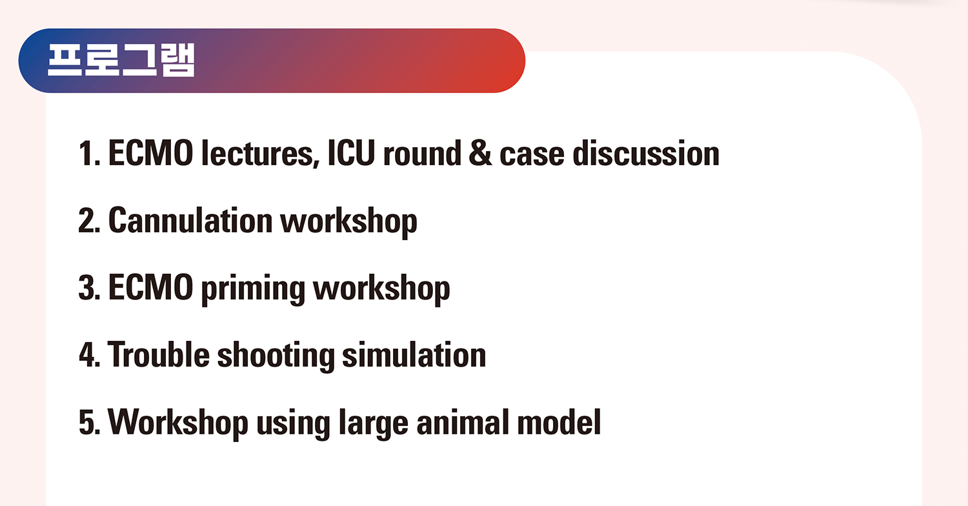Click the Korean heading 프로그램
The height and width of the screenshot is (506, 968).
121,60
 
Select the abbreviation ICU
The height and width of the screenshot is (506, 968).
351,153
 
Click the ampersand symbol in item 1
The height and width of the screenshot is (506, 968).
480,154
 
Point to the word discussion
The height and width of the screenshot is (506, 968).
646,153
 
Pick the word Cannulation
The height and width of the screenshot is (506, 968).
190,220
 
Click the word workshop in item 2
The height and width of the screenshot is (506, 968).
348,222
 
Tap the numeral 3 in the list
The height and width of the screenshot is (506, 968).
88,287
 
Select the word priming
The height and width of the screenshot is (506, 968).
253,289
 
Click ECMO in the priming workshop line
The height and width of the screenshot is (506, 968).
150,287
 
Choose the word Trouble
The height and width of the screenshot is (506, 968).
159,354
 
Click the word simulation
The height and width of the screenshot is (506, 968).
414,354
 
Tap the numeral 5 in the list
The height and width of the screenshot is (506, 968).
88,421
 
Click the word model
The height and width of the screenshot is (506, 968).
560,421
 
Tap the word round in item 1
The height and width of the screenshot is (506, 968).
422,154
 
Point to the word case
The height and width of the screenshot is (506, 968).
532,155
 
